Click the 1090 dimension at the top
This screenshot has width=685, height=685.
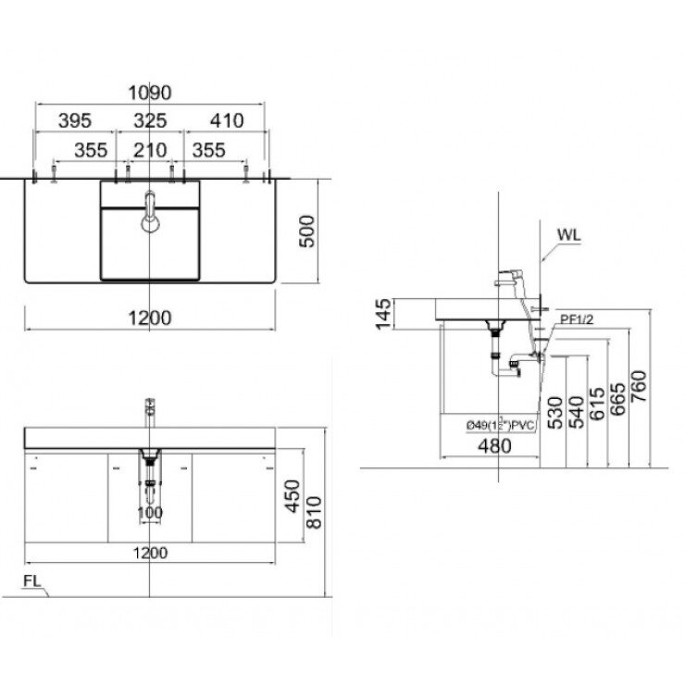point(151,93)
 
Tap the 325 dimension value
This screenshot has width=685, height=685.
point(150,120)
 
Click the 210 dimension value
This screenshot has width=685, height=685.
point(150,149)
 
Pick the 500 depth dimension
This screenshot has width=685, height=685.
point(307,231)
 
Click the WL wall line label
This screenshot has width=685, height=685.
point(568,234)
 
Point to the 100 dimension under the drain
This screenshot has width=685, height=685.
point(150,513)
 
